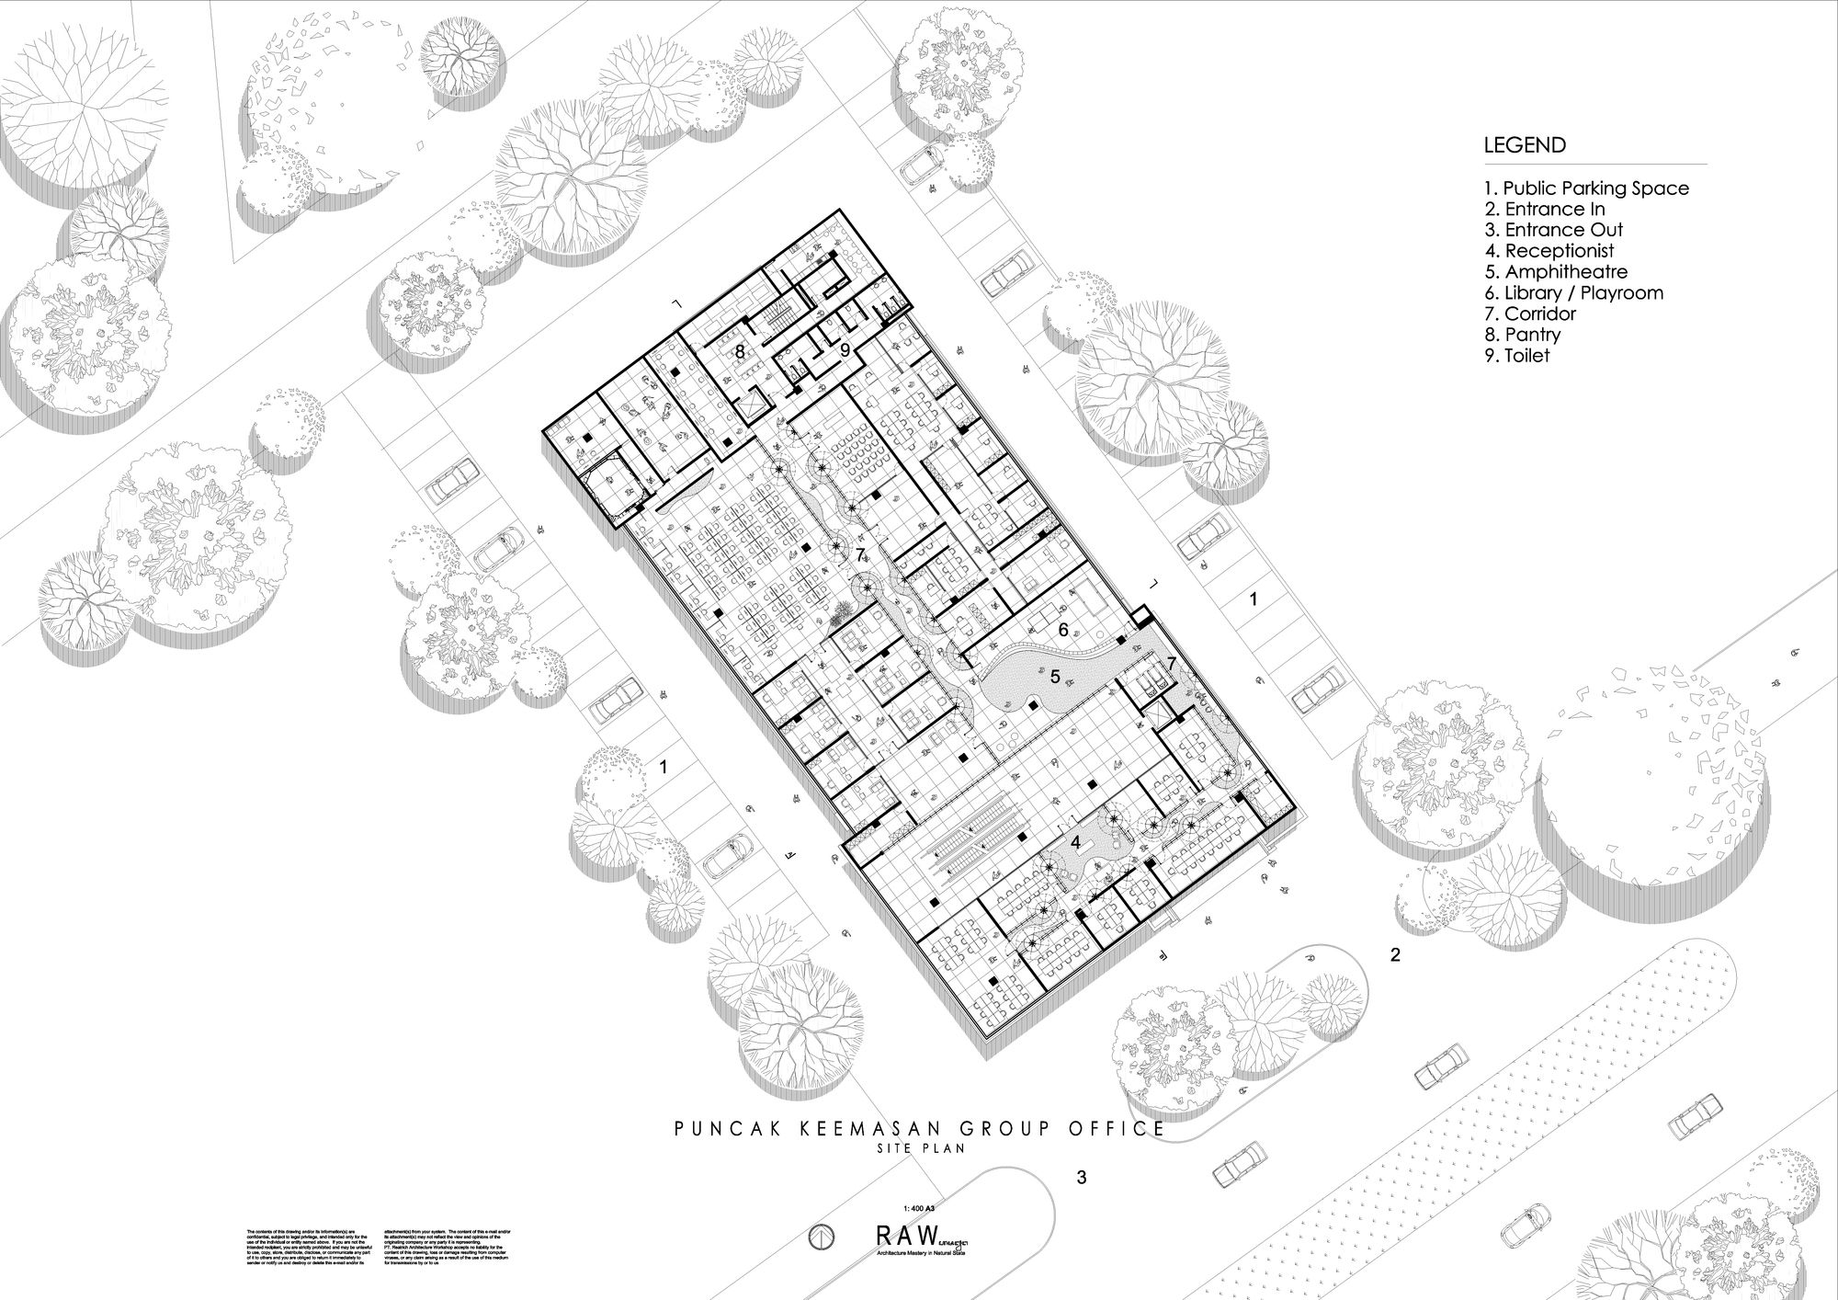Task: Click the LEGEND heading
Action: [1525, 145]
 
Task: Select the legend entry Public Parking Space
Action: [1586, 188]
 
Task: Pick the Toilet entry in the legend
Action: [1516, 356]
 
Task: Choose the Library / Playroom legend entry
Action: [1573, 293]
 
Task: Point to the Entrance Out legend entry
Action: [1553, 230]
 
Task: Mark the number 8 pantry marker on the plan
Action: [739, 351]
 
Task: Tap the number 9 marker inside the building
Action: [845, 349]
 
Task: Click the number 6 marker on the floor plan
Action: [1063, 630]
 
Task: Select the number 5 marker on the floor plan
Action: [1055, 677]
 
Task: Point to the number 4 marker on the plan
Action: [1075, 842]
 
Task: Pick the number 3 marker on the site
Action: [1082, 1177]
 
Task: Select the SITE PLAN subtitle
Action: [919, 1147]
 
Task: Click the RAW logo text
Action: [908, 1234]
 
